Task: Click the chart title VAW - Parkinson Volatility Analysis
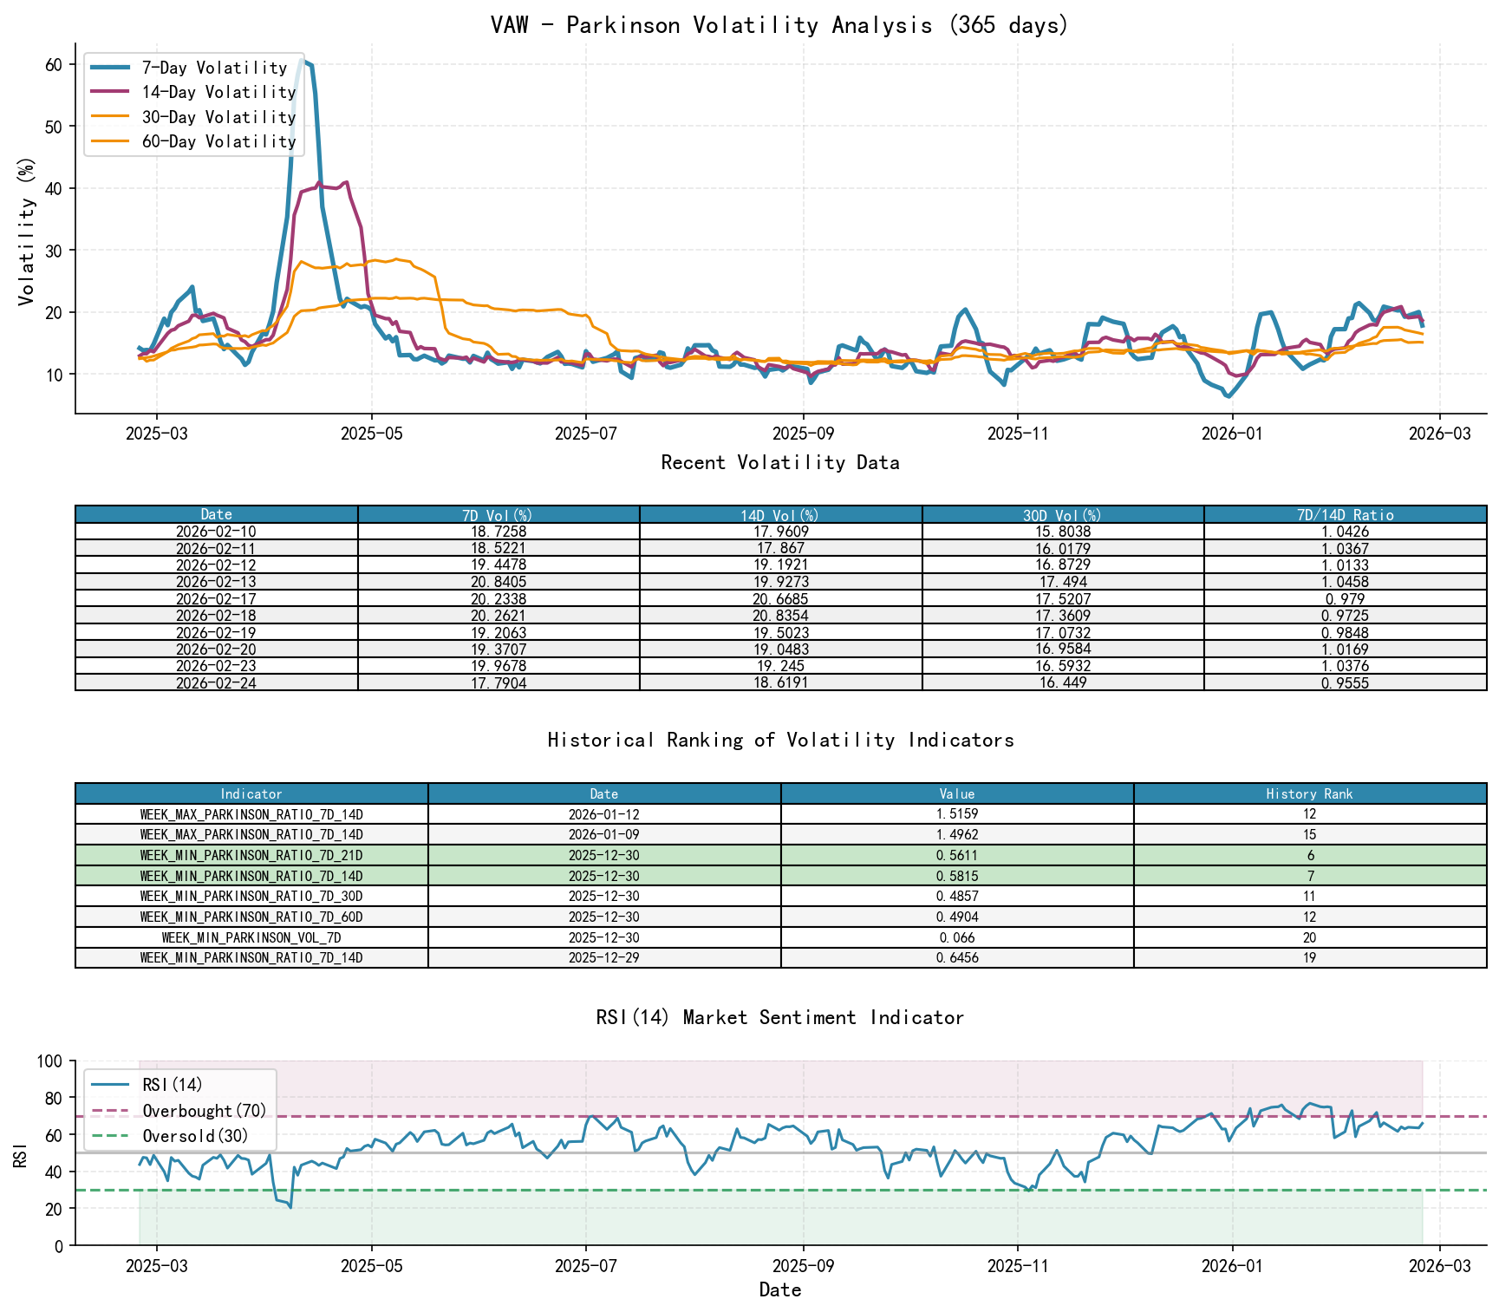pos(779,25)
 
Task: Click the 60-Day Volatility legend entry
pos(218,141)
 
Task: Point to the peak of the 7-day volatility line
pos(302,58)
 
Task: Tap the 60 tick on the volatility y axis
pos(53,65)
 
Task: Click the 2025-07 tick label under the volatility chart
pos(586,434)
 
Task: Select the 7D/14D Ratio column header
pos(1345,515)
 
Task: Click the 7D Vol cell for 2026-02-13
pos(499,582)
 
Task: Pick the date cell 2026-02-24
pos(216,683)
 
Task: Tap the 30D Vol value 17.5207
pos(1063,599)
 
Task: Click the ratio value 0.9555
pos(1345,683)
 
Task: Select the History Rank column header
pos(1309,794)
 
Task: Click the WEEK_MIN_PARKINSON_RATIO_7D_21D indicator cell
pos(251,856)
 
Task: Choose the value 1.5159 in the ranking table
pos(957,814)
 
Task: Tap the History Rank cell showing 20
pos(1309,938)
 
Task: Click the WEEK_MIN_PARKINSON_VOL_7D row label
pos(251,938)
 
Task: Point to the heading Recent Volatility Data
pos(779,463)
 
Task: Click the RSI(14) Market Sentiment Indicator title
pos(779,1017)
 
